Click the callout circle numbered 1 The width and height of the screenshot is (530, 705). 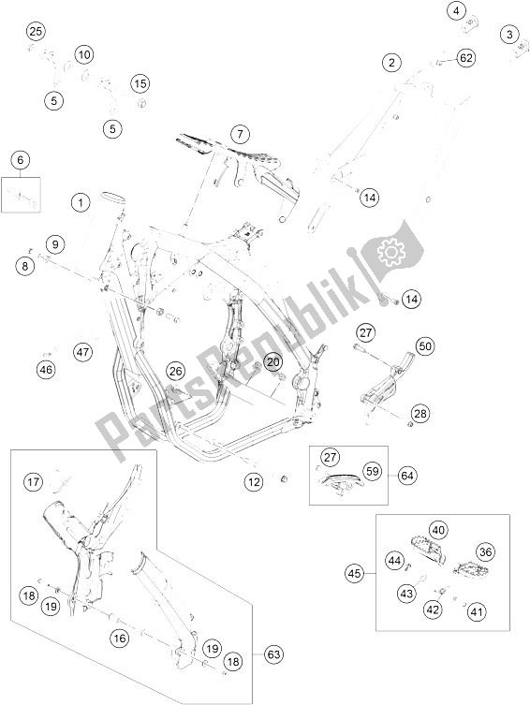click(81, 202)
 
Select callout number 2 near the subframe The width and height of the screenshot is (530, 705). click(391, 62)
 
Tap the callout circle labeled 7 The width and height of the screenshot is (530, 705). click(240, 134)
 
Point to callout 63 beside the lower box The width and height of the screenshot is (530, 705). click(273, 654)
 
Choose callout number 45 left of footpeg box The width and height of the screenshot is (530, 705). click(355, 573)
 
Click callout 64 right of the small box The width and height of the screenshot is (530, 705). click(406, 476)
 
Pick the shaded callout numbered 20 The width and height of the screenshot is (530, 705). click(273, 361)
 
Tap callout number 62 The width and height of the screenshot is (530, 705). click(466, 58)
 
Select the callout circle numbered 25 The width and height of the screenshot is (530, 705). click(36, 32)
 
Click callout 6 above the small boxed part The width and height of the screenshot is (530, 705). click(21, 159)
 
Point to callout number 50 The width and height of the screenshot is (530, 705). click(425, 346)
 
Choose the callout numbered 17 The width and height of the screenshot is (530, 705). click(33, 482)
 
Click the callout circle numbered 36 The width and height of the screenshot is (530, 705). click(485, 551)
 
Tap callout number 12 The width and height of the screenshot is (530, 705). click(254, 482)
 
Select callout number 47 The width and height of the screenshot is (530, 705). click(83, 352)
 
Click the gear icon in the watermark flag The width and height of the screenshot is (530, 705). click(391, 253)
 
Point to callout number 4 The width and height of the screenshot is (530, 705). click(457, 11)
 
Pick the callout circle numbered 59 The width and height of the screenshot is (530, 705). click(373, 471)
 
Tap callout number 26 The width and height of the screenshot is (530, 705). click(176, 372)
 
